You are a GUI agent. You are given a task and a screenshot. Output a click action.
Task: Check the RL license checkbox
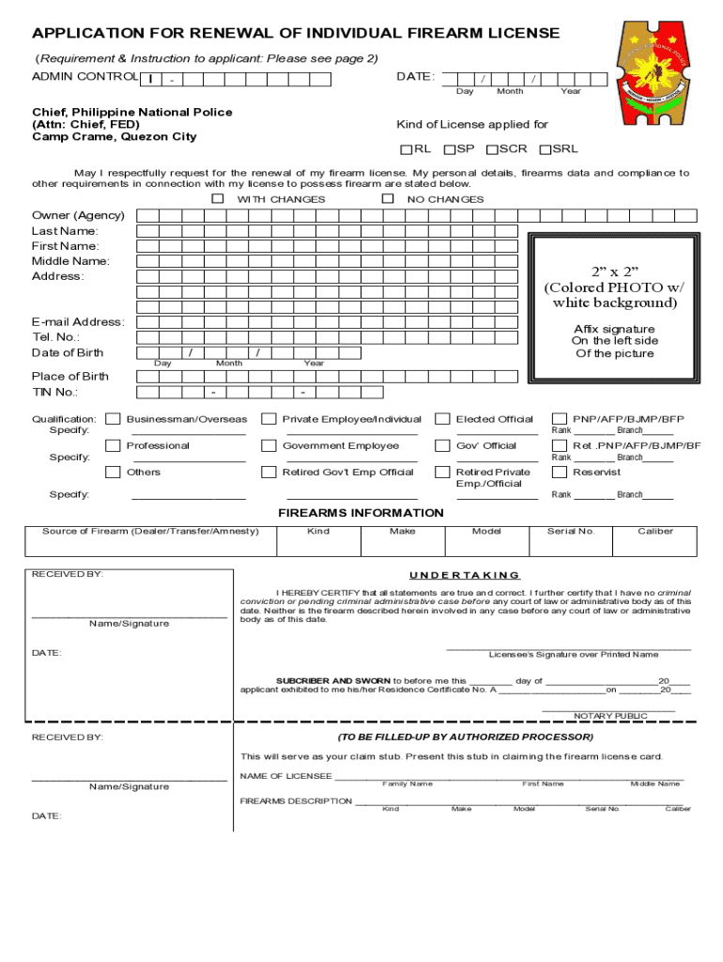tap(407, 149)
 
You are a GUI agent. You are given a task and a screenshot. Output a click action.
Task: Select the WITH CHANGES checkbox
tap(218, 199)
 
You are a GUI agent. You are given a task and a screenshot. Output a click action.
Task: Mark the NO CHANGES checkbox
tap(388, 199)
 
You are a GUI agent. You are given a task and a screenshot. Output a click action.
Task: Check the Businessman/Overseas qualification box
tap(113, 419)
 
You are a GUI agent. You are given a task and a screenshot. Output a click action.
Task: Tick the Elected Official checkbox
tap(442, 419)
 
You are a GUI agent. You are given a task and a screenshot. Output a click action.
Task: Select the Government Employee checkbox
tap(269, 445)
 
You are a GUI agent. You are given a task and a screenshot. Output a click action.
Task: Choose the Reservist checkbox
tap(559, 472)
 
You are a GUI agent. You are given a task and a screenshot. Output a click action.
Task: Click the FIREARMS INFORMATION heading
tap(361, 513)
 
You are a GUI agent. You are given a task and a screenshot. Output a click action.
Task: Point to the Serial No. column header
tap(571, 532)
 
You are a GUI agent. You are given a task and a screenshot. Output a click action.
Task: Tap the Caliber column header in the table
tap(654, 532)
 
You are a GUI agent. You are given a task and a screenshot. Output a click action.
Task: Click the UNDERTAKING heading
tap(465, 575)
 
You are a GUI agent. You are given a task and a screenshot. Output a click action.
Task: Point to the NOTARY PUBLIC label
tap(610, 716)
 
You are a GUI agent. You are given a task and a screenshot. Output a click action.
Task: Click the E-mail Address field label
tap(78, 322)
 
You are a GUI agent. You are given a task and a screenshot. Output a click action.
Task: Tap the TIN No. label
tap(55, 392)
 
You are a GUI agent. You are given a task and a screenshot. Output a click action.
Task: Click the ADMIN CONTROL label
tap(85, 76)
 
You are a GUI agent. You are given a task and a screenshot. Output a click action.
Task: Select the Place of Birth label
tap(70, 376)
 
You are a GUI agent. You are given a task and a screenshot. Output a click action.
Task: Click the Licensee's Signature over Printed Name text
tap(573, 654)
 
